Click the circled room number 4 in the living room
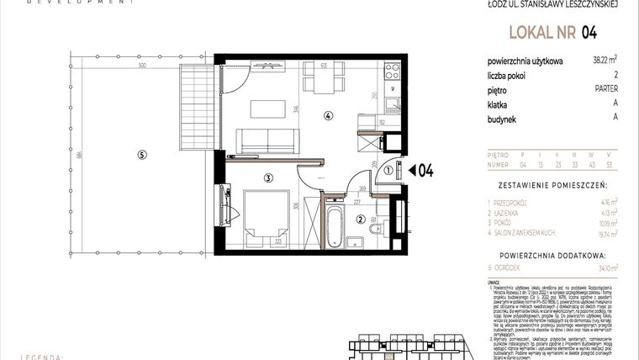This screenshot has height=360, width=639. pos(329,117)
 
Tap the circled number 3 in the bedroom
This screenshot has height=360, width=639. pos(267,177)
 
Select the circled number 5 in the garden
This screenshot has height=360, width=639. pos(142,154)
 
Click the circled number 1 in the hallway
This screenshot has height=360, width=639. pos(388,171)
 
